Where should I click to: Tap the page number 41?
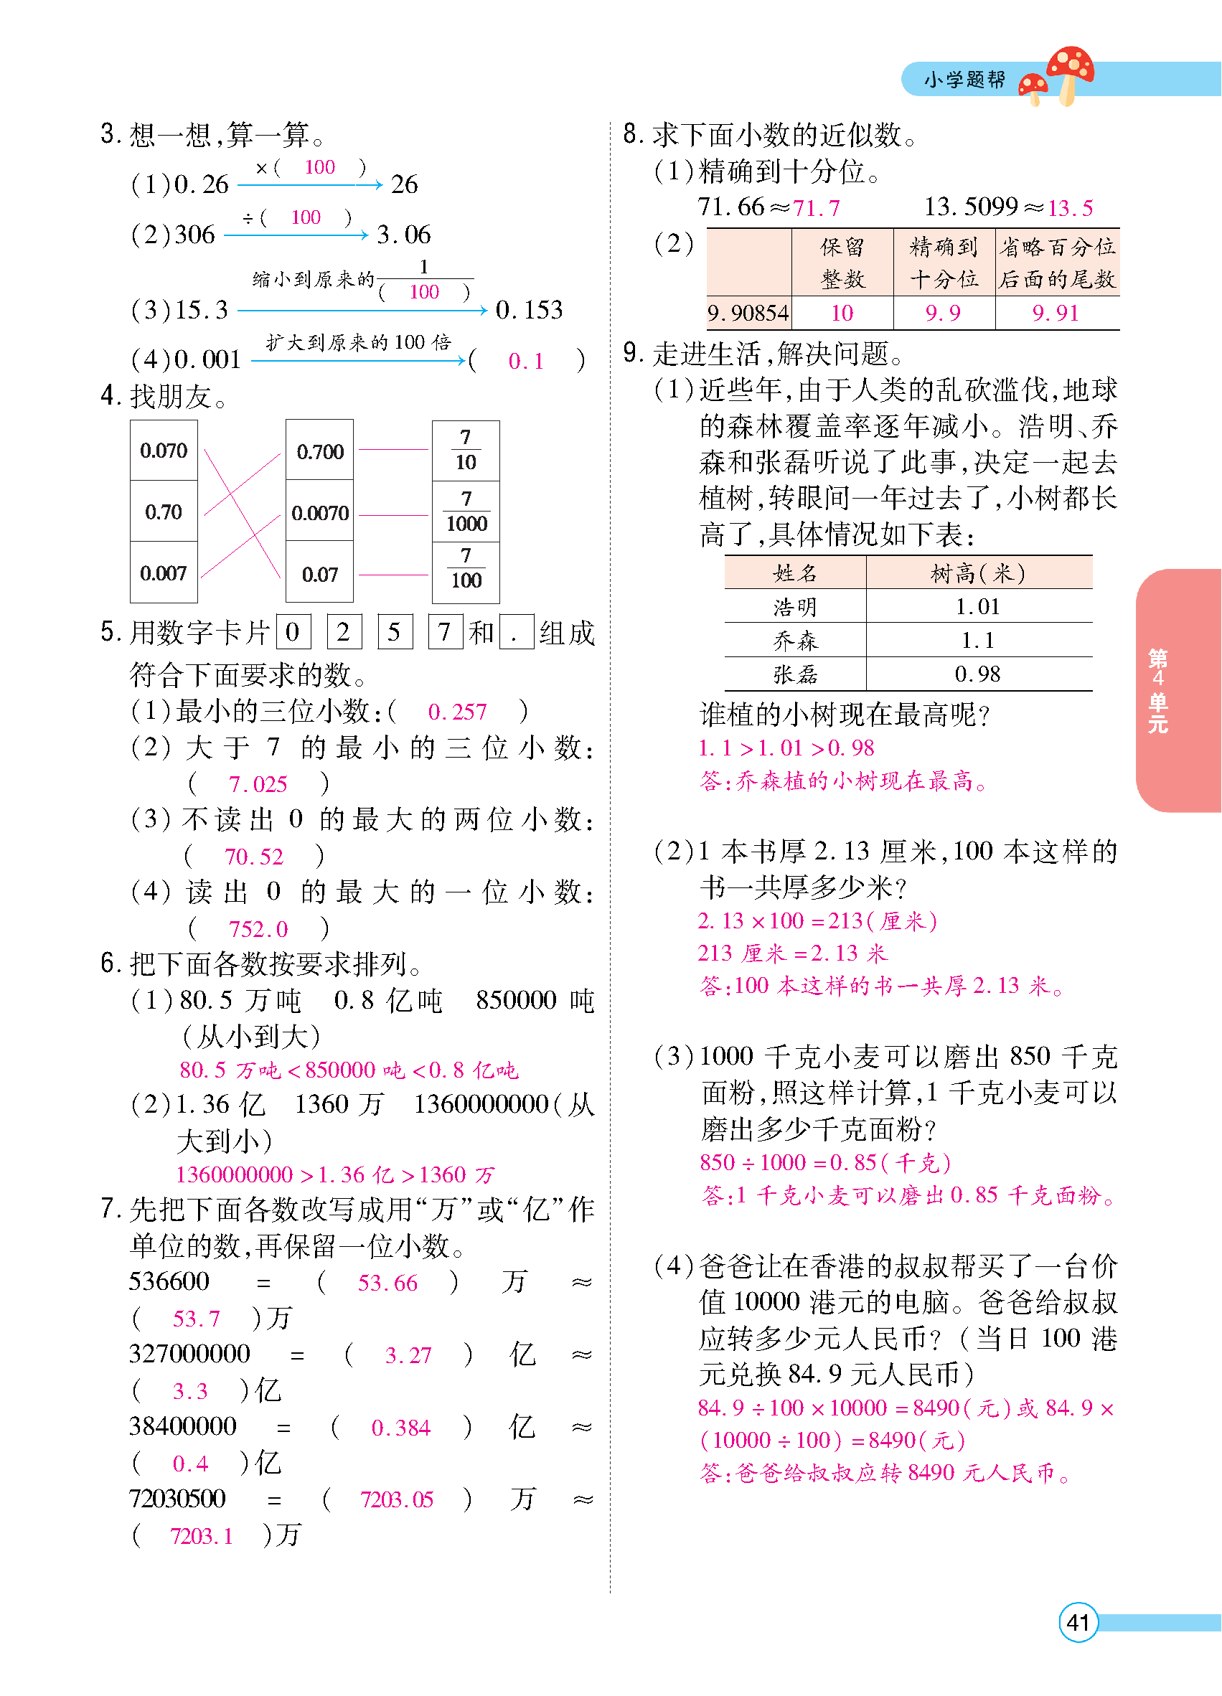coord(1078,1622)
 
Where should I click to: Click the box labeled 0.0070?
coord(319,513)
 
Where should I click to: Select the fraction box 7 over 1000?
coord(466,512)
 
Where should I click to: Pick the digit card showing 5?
coord(394,632)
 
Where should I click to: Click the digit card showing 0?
coord(293,632)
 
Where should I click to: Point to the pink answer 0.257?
coord(457,712)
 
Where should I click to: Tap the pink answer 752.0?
coord(258,930)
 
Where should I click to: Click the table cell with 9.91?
coord(1056,314)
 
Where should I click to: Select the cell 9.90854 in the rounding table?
coord(748,314)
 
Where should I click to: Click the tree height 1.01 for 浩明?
coord(977,606)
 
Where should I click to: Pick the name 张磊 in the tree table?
coord(795,674)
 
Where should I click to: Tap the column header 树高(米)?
coord(977,573)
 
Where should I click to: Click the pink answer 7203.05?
coord(396,1499)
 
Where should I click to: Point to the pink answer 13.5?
coord(1070,208)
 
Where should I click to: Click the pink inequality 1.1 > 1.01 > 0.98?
coord(786,748)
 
